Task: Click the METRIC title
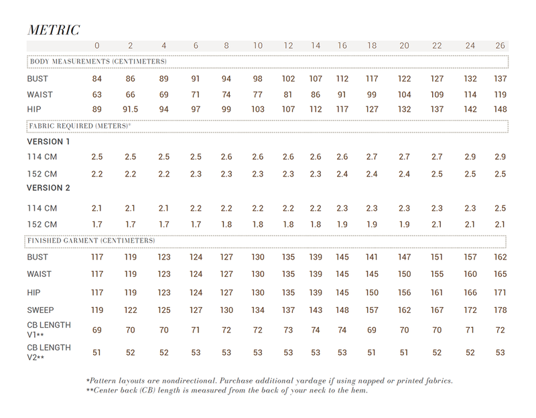[x=54, y=29]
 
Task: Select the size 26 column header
[x=499, y=45]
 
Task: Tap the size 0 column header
[x=97, y=45]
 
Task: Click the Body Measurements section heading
[x=98, y=62]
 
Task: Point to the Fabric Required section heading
[x=80, y=125]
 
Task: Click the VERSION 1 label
[x=48, y=142]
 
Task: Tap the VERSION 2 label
[x=48, y=189]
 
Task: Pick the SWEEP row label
[x=40, y=310]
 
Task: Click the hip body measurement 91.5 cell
[x=131, y=110]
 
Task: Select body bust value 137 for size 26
[x=499, y=79]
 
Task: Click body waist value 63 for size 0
[x=97, y=94]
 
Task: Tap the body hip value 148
[x=499, y=110]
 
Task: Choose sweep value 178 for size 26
[x=499, y=310]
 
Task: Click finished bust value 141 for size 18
[x=371, y=257]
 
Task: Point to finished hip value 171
[x=499, y=292]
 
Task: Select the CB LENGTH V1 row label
[x=49, y=330]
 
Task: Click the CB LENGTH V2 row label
[x=49, y=352]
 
